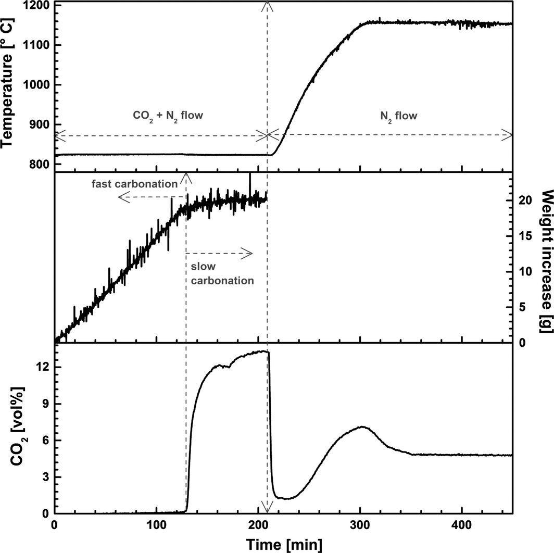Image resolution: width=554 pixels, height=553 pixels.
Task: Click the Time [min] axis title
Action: (284, 544)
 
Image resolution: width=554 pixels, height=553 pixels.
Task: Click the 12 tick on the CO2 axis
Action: (43, 367)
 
